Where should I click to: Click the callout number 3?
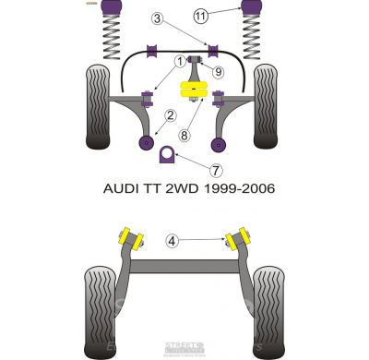(x=158, y=18)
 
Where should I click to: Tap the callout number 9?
(x=218, y=72)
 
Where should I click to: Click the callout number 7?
(x=216, y=171)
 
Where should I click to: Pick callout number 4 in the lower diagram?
(x=171, y=242)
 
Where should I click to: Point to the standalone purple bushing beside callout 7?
(x=168, y=153)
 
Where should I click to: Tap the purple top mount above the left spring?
(x=117, y=11)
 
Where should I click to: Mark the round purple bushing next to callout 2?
(x=146, y=142)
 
